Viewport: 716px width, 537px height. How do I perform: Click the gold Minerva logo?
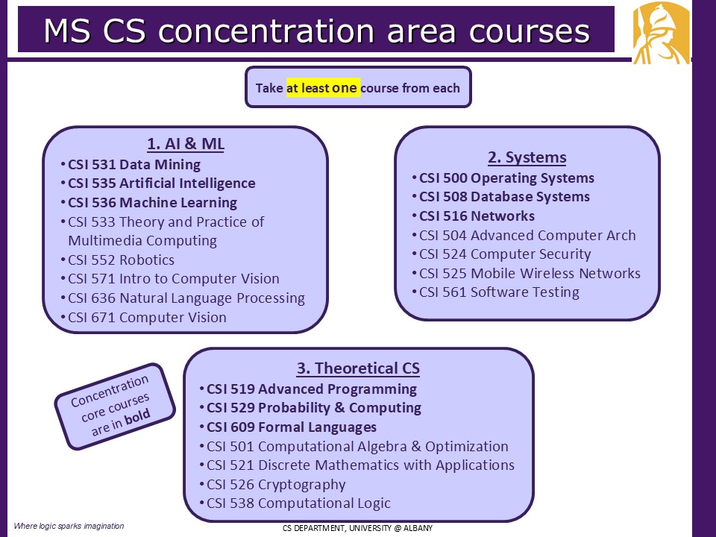[661, 33]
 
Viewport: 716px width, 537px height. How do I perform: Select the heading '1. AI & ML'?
[186, 143]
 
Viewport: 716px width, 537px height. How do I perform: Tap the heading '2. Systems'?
[527, 157]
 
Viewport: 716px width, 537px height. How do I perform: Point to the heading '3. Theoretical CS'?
[358, 368]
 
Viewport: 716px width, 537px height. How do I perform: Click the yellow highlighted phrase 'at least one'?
[323, 87]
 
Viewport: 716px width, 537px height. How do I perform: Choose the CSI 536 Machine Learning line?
[152, 202]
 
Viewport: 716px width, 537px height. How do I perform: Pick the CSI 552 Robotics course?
[121, 260]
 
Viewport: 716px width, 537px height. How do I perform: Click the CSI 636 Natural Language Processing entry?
[186, 298]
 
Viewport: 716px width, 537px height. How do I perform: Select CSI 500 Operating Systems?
[506, 178]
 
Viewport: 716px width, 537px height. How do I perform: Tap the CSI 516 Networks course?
[477, 216]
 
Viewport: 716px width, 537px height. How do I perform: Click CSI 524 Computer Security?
[505, 254]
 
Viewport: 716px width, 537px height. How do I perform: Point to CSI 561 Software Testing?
[499, 292]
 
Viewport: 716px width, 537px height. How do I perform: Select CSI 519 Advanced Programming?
[312, 389]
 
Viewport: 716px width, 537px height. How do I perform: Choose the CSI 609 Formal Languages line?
[292, 427]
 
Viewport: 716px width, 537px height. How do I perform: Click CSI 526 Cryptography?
[276, 485]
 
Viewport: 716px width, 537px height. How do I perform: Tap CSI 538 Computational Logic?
[298, 503]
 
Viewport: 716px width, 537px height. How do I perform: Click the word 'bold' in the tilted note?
[137, 416]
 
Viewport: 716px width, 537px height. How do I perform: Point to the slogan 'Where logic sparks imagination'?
[69, 526]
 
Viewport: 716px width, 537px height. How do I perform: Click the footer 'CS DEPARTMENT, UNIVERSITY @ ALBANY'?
[357, 528]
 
